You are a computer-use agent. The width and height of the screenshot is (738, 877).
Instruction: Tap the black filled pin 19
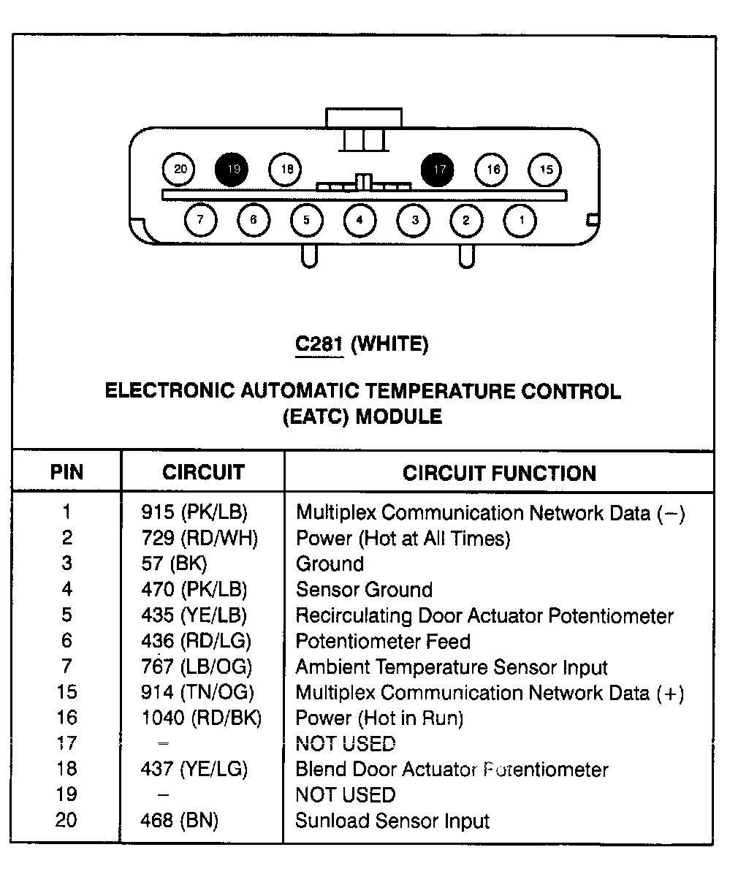(x=232, y=170)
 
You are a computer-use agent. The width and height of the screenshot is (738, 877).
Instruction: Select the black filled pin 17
(x=437, y=170)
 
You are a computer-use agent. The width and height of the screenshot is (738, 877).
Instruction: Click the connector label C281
(x=319, y=343)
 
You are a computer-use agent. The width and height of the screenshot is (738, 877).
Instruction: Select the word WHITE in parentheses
(x=389, y=344)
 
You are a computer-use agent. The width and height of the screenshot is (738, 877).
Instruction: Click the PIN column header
(x=66, y=471)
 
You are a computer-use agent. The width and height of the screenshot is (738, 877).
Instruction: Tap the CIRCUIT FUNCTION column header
(x=499, y=473)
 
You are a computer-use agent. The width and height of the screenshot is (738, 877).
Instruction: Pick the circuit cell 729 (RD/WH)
(x=199, y=538)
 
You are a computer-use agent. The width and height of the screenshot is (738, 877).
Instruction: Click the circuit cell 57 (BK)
(x=175, y=563)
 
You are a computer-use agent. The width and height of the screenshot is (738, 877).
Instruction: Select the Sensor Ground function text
(x=364, y=589)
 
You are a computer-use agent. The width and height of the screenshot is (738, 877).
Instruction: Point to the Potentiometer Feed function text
(x=383, y=641)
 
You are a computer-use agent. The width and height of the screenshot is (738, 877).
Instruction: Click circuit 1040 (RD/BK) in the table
(x=202, y=718)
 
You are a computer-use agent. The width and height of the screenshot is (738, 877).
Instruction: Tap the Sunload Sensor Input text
(x=392, y=820)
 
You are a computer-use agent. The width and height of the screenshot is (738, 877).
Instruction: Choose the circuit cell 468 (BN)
(x=179, y=820)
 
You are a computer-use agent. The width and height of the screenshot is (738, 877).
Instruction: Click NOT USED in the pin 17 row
(x=346, y=743)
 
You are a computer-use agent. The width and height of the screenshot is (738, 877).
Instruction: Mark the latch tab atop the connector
(x=364, y=118)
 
